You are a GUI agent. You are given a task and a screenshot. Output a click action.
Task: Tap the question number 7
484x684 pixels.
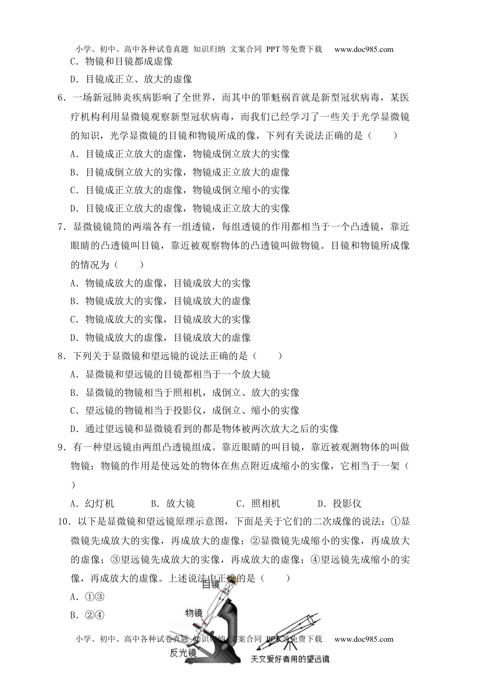click(62, 227)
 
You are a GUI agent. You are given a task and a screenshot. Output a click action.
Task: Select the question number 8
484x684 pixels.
click(62, 356)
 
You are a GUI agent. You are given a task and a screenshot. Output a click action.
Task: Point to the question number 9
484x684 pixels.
click(62, 447)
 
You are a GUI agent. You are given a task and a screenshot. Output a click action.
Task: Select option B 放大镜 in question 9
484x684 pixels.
click(173, 504)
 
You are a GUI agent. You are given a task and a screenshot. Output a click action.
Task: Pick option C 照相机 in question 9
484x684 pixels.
click(259, 504)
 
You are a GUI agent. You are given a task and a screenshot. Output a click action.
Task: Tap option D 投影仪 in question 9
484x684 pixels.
click(339, 504)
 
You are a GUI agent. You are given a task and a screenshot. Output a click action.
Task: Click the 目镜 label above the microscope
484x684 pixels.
click(211, 585)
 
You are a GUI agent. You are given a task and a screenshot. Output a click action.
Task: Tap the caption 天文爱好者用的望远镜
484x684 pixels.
click(290, 659)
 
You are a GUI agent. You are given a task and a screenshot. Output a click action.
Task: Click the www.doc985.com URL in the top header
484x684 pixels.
click(364, 49)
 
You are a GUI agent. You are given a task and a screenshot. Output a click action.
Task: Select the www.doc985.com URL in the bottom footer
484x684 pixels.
click(364, 639)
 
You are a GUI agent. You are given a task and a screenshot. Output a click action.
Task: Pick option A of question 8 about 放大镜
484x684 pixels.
click(170, 375)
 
